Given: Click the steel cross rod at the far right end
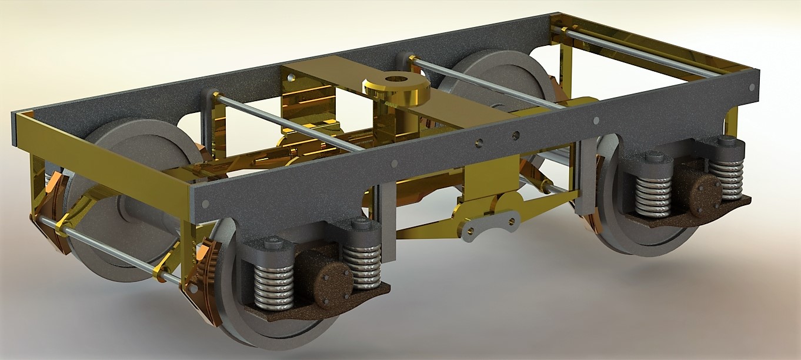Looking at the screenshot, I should pyautogui.click(x=641, y=53).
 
